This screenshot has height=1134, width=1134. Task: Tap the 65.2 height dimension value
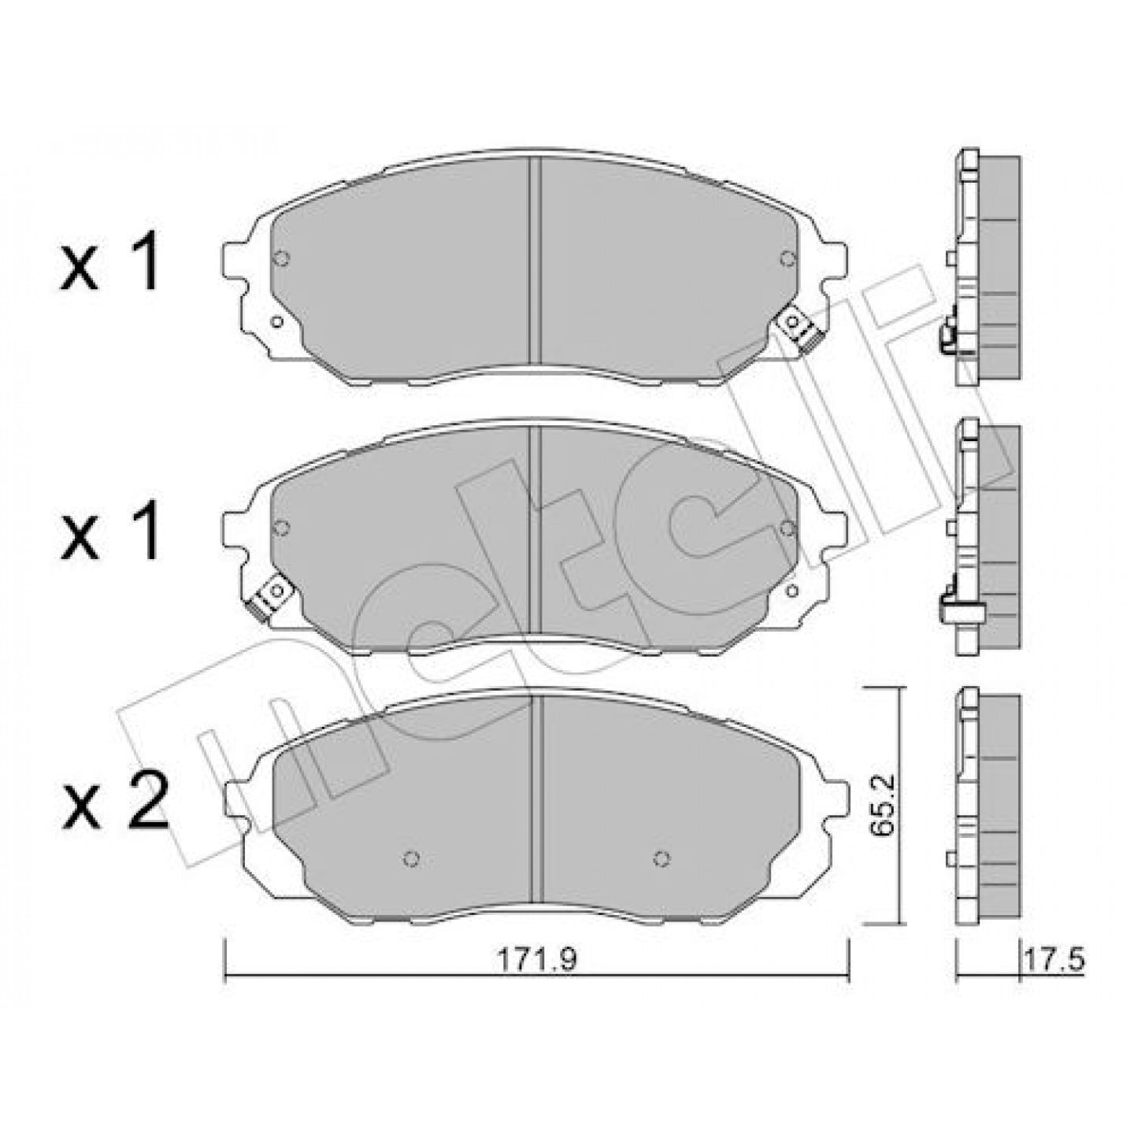[x=884, y=804]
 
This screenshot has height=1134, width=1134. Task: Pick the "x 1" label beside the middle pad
[x=109, y=531]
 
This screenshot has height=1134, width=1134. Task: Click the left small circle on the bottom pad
[x=411, y=860]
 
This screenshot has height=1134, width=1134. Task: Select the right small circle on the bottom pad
[x=661, y=860]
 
